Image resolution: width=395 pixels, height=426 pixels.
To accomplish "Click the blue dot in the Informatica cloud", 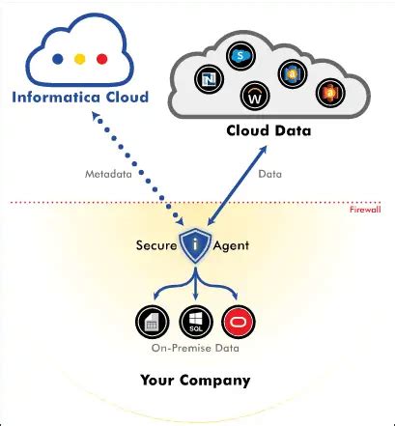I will click(58, 57).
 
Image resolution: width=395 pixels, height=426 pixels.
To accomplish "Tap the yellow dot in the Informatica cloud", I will click(79, 57).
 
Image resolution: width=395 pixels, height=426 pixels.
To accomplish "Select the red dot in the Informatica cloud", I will click(101, 57).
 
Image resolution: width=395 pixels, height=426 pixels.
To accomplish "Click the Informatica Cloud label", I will click(80, 98).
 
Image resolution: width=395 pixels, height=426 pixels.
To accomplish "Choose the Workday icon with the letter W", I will click(255, 97).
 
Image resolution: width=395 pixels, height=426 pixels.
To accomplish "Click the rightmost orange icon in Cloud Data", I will click(329, 92).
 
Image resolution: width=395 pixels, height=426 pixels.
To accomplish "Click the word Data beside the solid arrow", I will click(270, 174).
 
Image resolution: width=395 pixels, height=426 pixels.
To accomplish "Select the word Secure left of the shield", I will click(155, 245).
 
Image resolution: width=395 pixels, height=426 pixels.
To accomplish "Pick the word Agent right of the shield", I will click(232, 245).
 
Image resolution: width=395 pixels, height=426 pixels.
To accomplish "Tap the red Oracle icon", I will click(237, 320).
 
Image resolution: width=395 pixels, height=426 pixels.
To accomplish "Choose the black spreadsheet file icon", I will click(150, 320).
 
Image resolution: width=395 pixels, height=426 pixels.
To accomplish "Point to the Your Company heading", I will click(194, 380).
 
